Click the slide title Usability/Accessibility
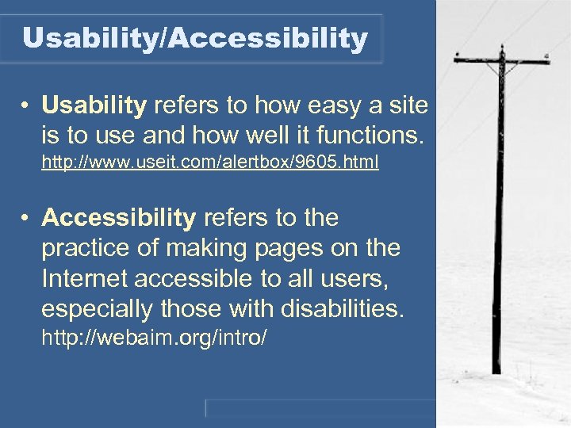(x=195, y=38)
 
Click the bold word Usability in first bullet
(x=94, y=105)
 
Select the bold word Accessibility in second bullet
(x=118, y=217)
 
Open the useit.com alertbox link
(x=210, y=163)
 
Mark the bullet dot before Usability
(x=26, y=106)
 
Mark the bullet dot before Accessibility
(x=26, y=218)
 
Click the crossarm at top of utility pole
(x=501, y=59)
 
